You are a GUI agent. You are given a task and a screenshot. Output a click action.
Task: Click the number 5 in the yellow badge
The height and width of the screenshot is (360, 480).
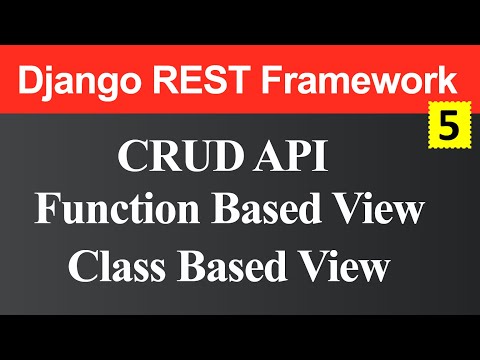point(447,127)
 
